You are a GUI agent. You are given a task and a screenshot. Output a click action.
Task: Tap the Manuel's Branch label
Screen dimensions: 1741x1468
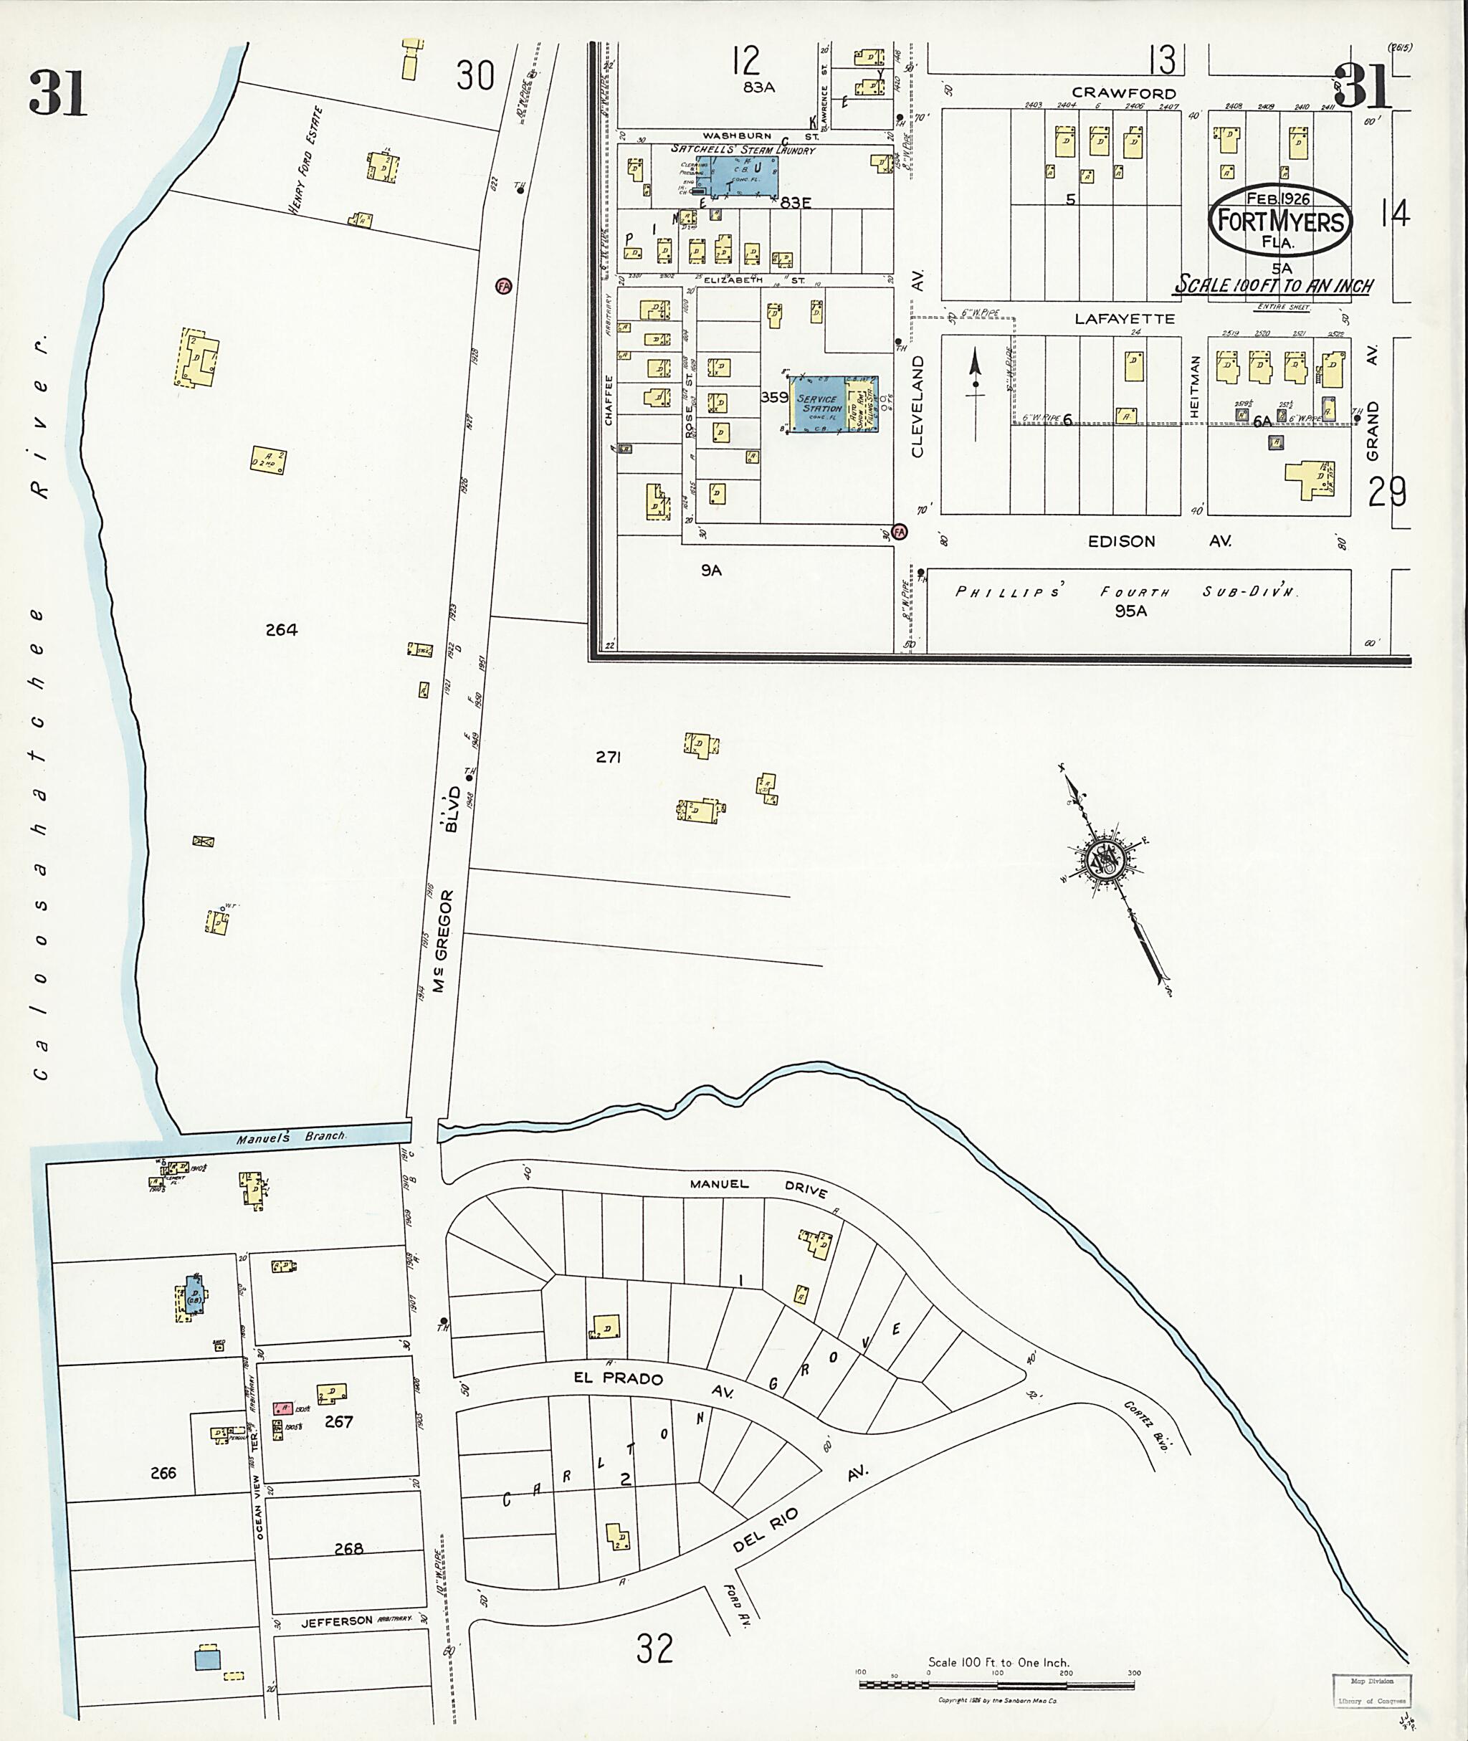point(290,1137)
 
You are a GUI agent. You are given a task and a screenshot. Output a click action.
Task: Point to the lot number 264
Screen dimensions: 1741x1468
point(281,630)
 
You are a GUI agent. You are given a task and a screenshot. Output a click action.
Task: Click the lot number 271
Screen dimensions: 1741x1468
point(609,758)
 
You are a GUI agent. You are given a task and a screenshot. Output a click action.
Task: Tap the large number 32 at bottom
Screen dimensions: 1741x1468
point(654,1648)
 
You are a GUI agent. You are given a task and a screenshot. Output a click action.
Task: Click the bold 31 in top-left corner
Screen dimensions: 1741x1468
point(57,93)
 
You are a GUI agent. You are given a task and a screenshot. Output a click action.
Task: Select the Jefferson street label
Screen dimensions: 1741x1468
point(337,1621)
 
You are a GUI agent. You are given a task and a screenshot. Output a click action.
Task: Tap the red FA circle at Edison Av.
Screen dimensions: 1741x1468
point(899,531)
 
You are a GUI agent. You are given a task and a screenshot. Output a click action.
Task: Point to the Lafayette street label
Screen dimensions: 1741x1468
point(1125,319)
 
